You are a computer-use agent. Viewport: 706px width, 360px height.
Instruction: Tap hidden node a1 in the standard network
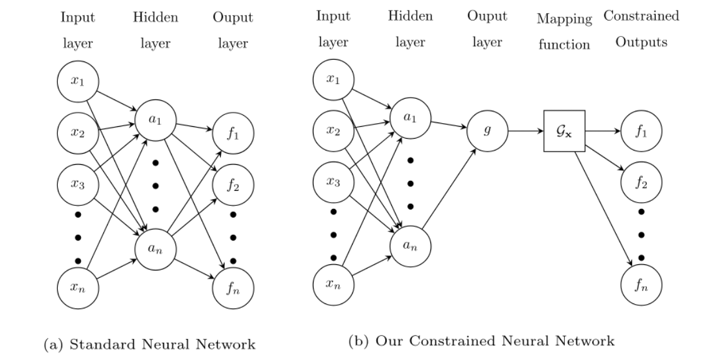click(155, 118)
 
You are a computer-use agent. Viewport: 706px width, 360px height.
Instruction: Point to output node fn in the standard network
click(234, 287)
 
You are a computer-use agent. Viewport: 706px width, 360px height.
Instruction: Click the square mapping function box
click(564, 131)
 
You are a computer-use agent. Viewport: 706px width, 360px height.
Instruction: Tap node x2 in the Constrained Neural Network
click(333, 131)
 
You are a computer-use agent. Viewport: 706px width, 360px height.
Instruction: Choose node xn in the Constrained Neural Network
click(333, 284)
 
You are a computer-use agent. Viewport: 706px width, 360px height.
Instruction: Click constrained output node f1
click(641, 131)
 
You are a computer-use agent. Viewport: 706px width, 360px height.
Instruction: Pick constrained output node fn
click(641, 287)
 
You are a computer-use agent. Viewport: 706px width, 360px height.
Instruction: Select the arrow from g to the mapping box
click(525, 131)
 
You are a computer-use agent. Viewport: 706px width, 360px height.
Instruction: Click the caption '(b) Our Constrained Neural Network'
click(481, 341)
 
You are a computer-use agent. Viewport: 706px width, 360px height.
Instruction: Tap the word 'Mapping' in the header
click(564, 19)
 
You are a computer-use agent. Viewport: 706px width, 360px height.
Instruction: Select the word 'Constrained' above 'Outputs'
click(641, 16)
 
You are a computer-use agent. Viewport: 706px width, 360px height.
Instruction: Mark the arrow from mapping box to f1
click(603, 131)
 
